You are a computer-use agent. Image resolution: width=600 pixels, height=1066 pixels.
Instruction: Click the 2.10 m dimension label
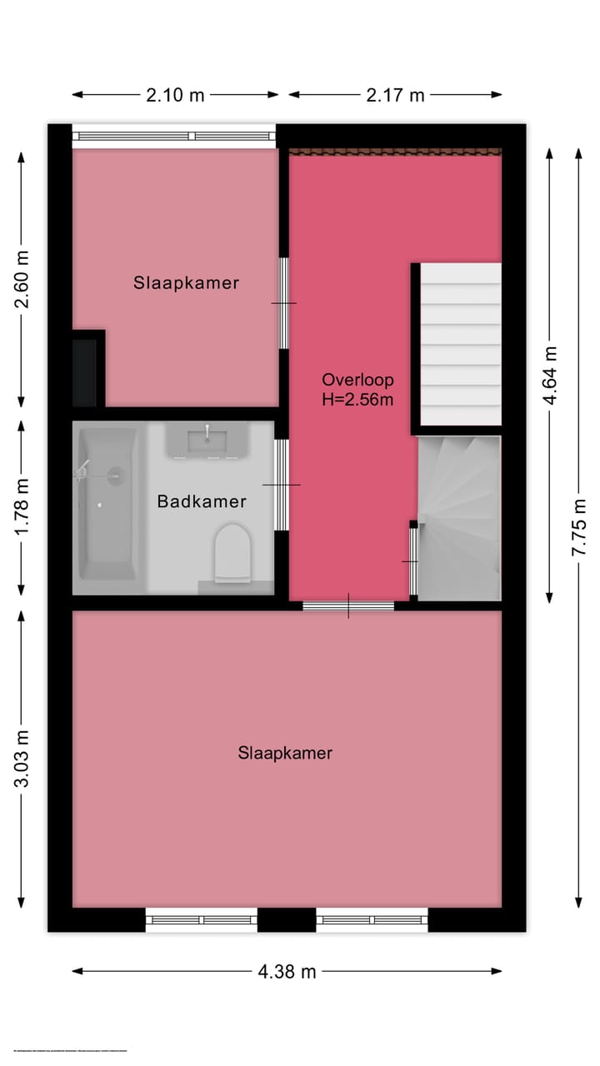pyautogui.click(x=175, y=95)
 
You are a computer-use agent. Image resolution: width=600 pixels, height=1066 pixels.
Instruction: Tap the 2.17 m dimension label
pyautogui.click(x=395, y=95)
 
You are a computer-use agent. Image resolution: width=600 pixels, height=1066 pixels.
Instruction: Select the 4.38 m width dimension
pyautogui.click(x=287, y=971)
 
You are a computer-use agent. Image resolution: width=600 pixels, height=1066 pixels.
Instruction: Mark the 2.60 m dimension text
pyautogui.click(x=22, y=279)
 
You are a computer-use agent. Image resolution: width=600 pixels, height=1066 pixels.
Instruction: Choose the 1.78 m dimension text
pyautogui.click(x=22, y=506)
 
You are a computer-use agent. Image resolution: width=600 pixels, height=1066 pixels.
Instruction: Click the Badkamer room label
pyautogui.click(x=202, y=501)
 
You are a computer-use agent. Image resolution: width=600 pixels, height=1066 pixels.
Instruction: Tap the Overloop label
pyautogui.click(x=357, y=380)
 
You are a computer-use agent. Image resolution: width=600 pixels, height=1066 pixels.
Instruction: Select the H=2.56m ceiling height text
pyautogui.click(x=357, y=400)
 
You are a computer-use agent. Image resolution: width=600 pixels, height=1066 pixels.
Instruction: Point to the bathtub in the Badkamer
pyautogui.click(x=106, y=503)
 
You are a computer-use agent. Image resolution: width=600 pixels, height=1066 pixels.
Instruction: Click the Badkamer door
pyautogui.click(x=282, y=485)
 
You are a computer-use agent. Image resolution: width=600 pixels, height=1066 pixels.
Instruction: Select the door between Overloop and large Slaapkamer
pyautogui.click(x=348, y=606)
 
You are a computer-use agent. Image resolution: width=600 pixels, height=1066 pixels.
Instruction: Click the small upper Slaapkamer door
pyautogui.click(x=283, y=302)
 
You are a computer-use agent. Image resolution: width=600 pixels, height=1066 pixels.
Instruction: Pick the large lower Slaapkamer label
pyautogui.click(x=285, y=753)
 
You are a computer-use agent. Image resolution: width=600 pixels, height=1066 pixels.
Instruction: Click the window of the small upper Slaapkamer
pyautogui.click(x=173, y=136)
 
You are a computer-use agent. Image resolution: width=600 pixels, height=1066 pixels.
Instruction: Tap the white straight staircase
pyautogui.click(x=460, y=344)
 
